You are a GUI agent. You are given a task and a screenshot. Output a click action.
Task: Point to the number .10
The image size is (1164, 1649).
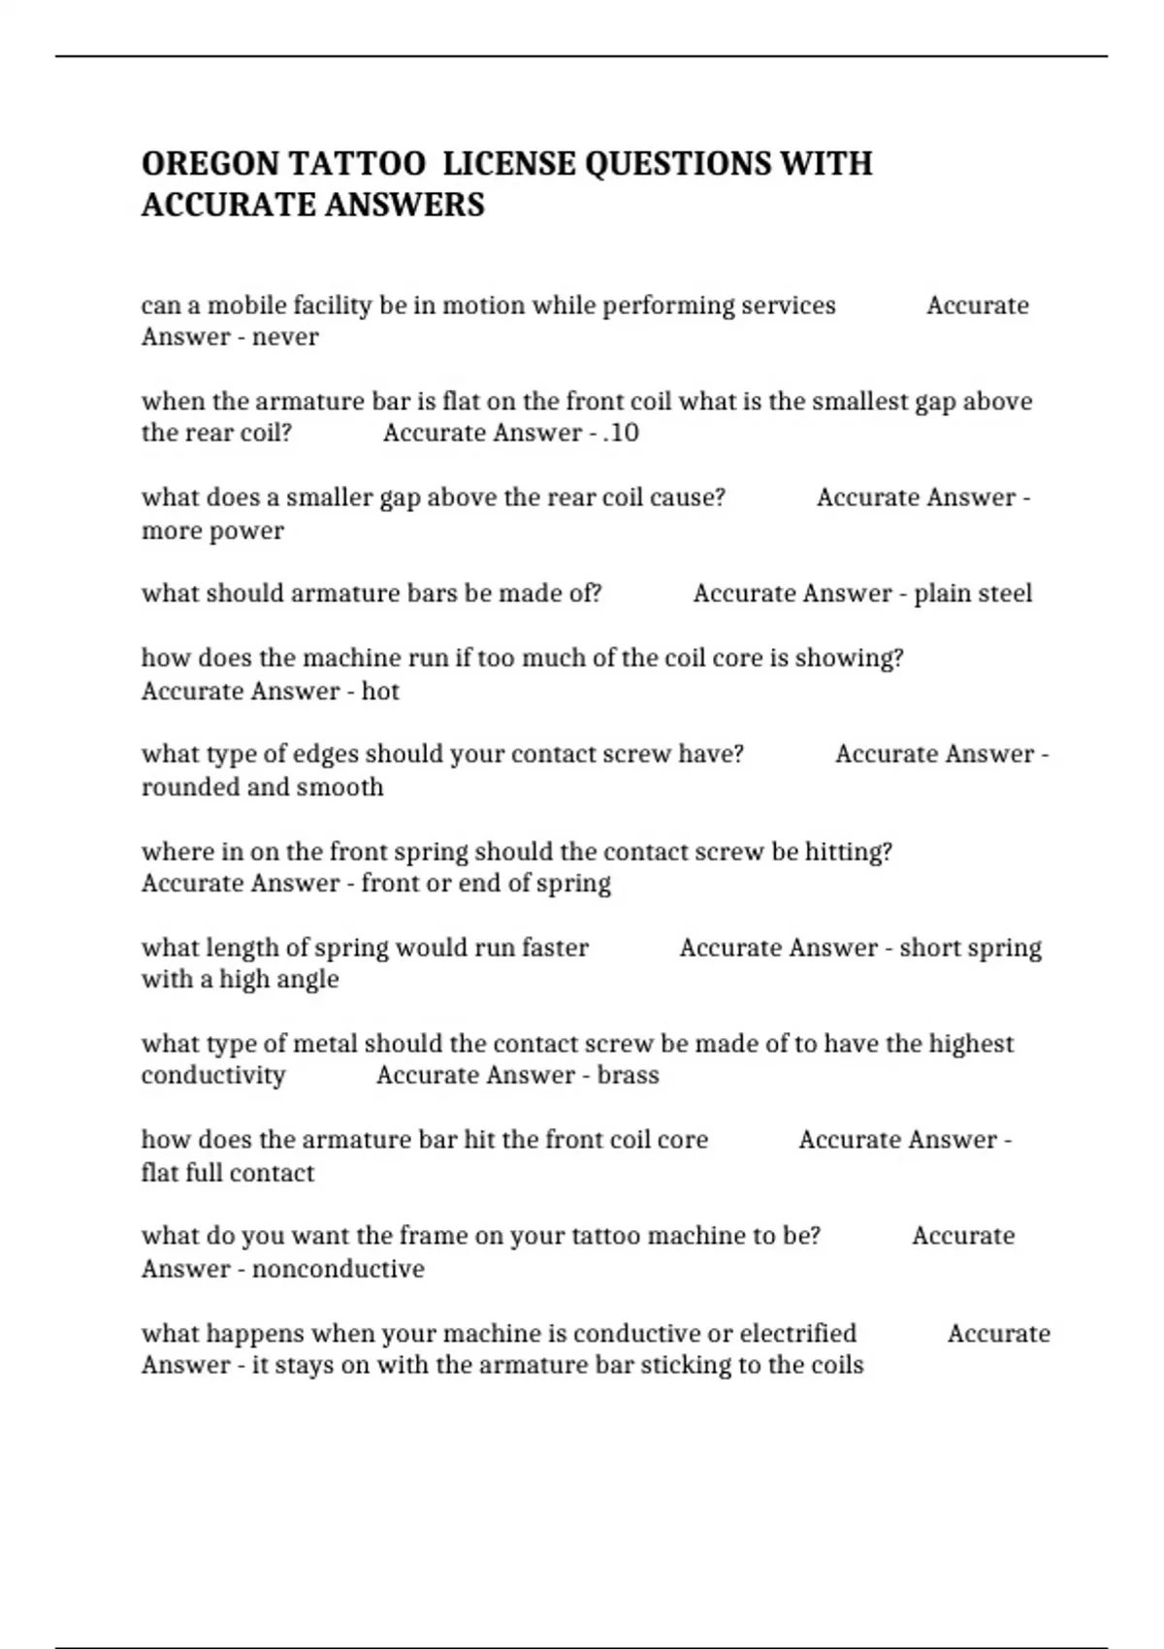click(x=621, y=433)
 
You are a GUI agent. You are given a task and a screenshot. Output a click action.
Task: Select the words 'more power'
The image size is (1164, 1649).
click(x=212, y=531)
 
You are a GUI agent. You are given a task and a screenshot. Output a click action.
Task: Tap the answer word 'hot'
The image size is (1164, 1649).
click(x=380, y=692)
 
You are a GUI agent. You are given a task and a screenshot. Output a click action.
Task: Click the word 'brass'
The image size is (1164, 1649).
click(x=628, y=1076)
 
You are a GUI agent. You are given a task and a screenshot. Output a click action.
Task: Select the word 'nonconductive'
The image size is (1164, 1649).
click(x=338, y=1269)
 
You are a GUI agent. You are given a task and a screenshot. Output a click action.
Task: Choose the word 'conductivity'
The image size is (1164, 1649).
click(x=213, y=1076)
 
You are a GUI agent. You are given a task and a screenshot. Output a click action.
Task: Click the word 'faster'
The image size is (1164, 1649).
click(x=555, y=948)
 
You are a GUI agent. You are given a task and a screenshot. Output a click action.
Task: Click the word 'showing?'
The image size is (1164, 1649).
click(x=849, y=658)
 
